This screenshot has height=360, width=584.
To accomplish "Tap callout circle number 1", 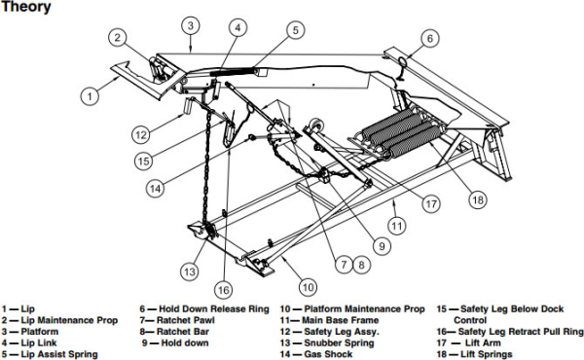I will tap(90, 95).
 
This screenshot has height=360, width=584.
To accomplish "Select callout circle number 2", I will tap(118, 38).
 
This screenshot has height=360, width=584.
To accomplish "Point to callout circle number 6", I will tap(429, 39).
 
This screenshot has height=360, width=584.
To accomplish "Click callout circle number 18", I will tap(476, 198).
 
